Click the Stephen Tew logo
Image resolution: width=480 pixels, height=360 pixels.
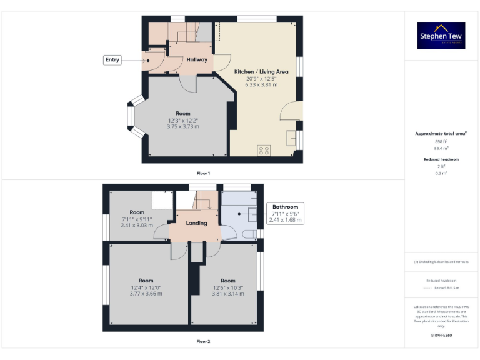[441, 36]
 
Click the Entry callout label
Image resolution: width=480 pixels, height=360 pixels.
[112, 59]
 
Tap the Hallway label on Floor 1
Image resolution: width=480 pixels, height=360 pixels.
[197, 59]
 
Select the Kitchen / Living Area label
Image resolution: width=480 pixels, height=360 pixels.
[261, 72]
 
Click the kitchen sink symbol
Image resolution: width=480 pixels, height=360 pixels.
[291, 137]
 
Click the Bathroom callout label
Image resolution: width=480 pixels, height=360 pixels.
[286, 207]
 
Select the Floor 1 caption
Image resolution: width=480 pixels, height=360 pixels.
[204, 172]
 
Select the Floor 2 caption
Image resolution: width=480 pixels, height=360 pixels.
[204, 342]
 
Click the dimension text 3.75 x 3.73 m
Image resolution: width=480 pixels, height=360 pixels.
[183, 126]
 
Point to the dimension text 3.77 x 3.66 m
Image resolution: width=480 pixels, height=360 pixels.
[146, 294]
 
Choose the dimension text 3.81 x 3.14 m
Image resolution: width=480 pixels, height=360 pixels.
[228, 294]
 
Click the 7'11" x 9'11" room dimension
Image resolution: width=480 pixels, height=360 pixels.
[137, 219]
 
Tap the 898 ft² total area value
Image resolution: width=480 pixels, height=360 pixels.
[441, 142]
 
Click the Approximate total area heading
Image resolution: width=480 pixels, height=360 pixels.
[441, 134]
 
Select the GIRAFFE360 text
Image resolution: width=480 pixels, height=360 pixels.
[441, 336]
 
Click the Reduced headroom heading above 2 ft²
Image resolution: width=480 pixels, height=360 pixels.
[441, 159]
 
